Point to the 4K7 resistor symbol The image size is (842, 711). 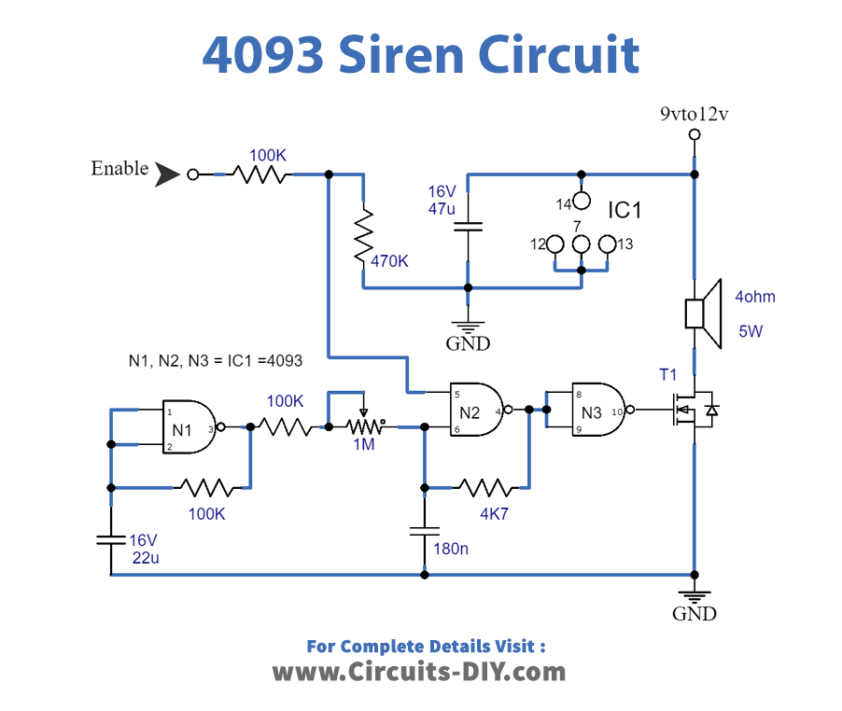point(484,486)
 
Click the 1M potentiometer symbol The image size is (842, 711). point(364,425)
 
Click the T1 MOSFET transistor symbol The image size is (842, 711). point(693,410)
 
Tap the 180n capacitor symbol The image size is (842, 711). point(425,530)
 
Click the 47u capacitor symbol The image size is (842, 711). point(468,226)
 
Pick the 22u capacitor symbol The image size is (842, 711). point(111,538)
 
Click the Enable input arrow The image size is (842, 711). point(167,174)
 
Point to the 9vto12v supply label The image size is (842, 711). point(694,115)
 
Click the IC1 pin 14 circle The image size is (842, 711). point(582,201)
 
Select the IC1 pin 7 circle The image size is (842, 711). point(582,245)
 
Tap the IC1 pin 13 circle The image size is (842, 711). point(608,245)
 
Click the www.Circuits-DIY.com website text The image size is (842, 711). point(419,671)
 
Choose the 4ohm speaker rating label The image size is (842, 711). point(754,297)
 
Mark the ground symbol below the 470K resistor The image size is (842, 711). point(468,325)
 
